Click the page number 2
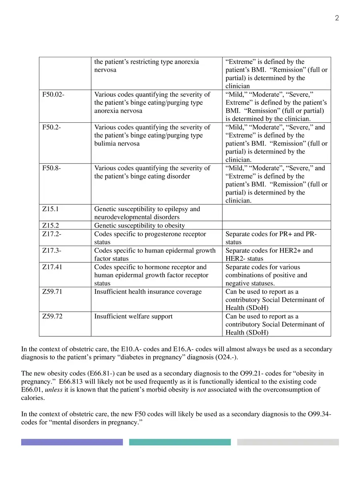[337, 18]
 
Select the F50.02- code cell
[53, 95]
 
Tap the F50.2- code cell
[52, 128]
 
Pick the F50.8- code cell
[52, 168]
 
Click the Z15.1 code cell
[51, 209]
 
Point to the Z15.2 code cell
[51, 226]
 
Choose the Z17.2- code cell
[52, 234]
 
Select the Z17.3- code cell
[52, 250]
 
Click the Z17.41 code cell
[52, 267]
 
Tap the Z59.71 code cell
[52, 292]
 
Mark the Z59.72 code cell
[52, 316]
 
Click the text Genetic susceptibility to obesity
[140, 226]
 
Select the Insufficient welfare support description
[133, 316]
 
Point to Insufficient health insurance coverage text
[148, 292]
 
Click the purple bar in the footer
[72, 442]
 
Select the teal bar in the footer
[180, 442]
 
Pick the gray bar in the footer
[288, 442]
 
